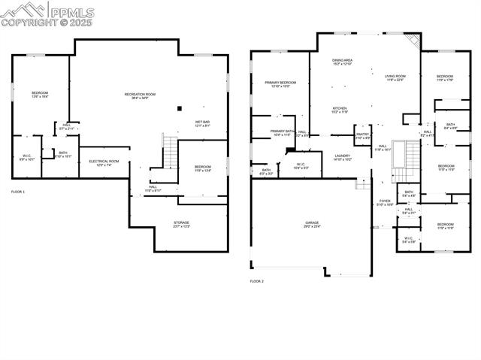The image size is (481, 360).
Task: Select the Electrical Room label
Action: click(104, 162)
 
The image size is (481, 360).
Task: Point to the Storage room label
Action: click(181, 224)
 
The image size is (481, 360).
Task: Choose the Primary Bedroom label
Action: click(280, 84)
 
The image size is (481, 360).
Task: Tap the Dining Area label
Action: click(343, 62)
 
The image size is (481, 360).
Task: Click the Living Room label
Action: click(395, 77)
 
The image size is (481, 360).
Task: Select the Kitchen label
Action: click(340, 110)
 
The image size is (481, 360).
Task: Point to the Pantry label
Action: click(362, 137)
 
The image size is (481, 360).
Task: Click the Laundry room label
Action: click(343, 157)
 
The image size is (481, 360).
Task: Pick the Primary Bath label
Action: click(283, 132)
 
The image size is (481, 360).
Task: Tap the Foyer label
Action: click(385, 202)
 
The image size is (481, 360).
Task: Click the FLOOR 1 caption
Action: click(18, 192)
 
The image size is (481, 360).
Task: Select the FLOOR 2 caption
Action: click(257, 281)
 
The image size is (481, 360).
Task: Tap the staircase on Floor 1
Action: click(170, 153)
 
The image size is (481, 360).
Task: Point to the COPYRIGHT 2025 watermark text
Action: click(47, 23)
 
